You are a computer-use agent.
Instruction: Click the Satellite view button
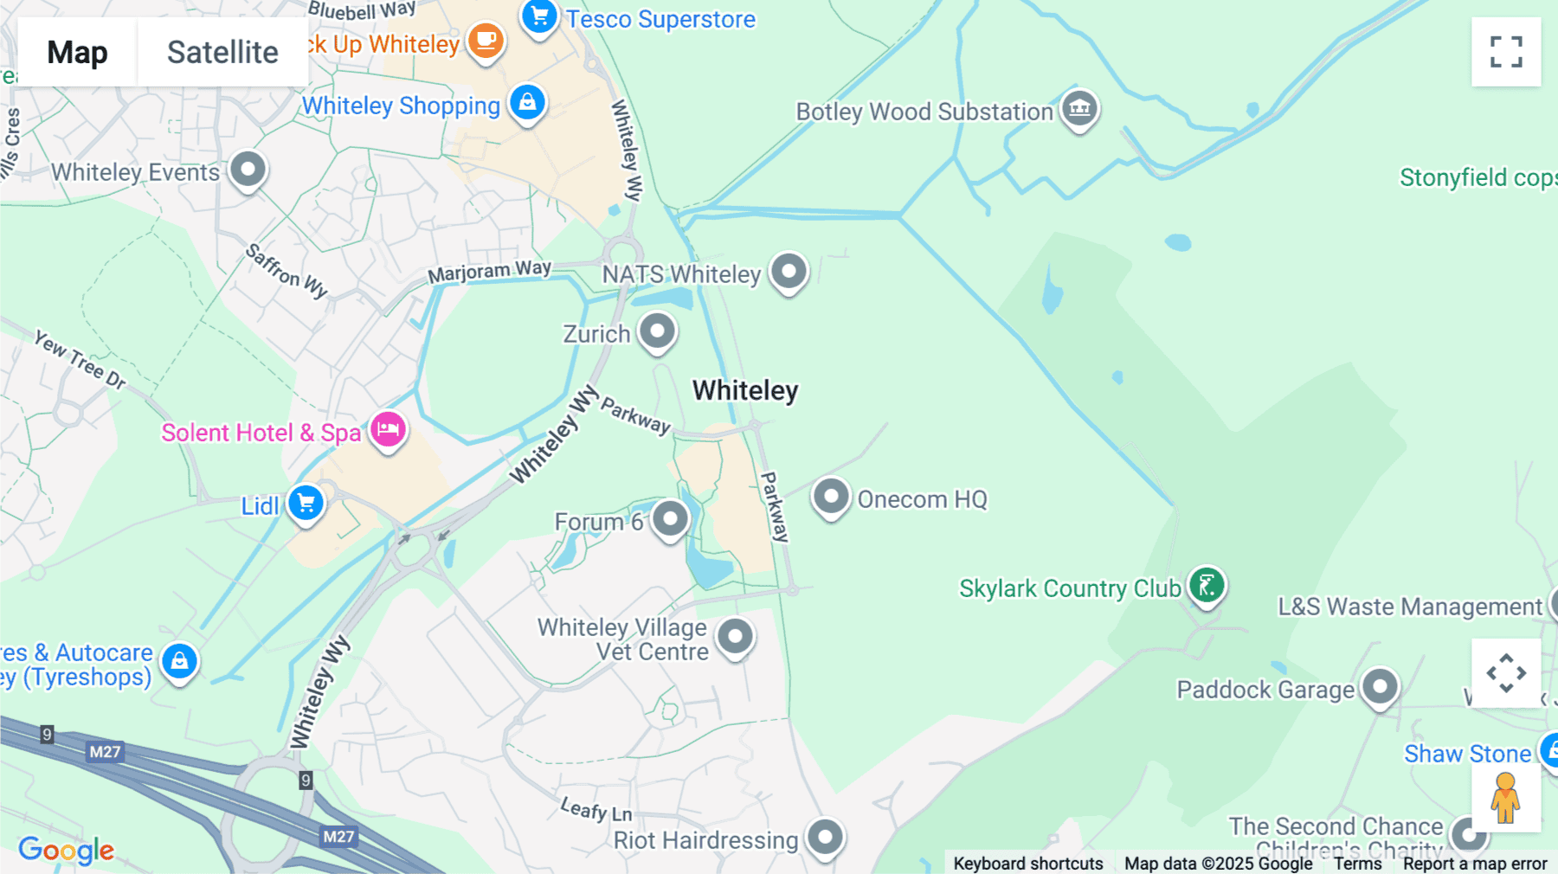(x=222, y=52)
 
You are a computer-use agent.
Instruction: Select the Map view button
(x=77, y=52)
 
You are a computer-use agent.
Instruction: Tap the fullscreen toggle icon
(x=1506, y=52)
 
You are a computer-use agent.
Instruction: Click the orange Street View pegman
(x=1505, y=798)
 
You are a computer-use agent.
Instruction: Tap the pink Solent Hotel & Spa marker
(x=388, y=429)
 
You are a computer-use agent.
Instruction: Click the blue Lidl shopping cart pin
(x=306, y=503)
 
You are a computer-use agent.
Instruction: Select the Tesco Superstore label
(x=660, y=19)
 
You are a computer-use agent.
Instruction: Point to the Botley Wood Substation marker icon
(x=1079, y=109)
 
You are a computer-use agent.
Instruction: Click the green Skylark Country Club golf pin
(x=1207, y=586)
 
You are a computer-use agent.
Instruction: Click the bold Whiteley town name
(x=745, y=390)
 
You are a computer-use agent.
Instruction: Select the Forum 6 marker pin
(x=670, y=519)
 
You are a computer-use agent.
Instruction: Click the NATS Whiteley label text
(x=681, y=274)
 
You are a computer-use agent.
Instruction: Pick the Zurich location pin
(x=657, y=331)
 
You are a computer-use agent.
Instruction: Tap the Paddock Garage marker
(x=1380, y=688)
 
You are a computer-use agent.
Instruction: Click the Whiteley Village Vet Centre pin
(x=736, y=637)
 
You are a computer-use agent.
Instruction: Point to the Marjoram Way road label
(x=489, y=272)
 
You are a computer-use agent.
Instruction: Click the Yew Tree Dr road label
(x=80, y=359)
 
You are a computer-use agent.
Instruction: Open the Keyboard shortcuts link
(x=1027, y=863)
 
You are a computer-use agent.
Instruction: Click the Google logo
(x=66, y=850)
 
